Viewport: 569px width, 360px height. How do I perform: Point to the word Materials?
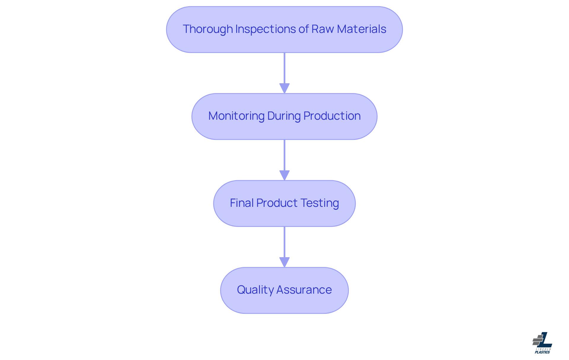pyautogui.click(x=362, y=29)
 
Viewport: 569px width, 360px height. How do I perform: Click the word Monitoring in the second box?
pyautogui.click(x=236, y=116)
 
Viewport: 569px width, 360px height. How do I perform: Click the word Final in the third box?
pyautogui.click(x=242, y=203)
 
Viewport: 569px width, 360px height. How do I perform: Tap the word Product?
pyautogui.click(x=277, y=203)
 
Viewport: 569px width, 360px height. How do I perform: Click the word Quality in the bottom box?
pyautogui.click(x=255, y=290)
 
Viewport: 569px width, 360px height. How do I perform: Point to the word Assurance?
pyautogui.click(x=304, y=290)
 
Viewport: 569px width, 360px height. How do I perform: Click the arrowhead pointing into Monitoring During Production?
pyautogui.click(x=284, y=88)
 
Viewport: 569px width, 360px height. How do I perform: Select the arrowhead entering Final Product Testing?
pyautogui.click(x=284, y=175)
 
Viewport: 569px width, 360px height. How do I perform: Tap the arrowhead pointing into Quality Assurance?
pyautogui.click(x=284, y=262)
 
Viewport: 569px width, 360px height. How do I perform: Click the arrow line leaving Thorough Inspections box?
pyautogui.click(x=284, y=68)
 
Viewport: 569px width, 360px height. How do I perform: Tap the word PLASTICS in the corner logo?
pyautogui.click(x=542, y=352)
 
